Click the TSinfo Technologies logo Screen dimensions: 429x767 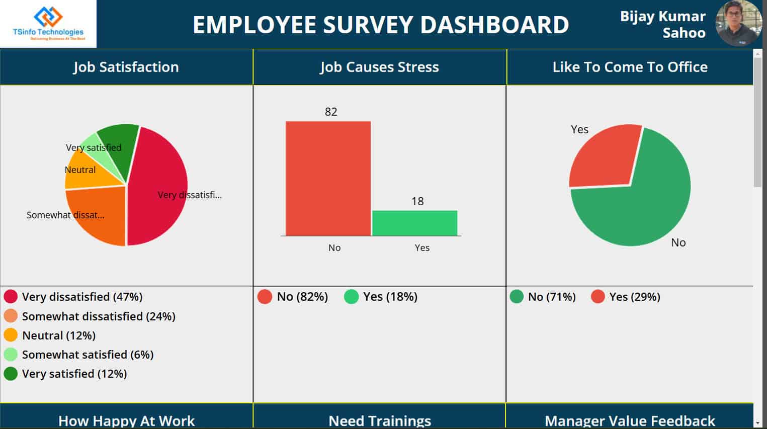tap(48, 24)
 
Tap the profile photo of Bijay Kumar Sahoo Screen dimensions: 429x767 tap(738, 24)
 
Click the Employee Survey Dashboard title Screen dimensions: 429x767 tap(381, 25)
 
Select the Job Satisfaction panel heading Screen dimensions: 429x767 tap(126, 67)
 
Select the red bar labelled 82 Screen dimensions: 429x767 tap(328, 179)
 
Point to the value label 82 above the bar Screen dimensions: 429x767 tap(331, 112)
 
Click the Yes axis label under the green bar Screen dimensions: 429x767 tap(422, 247)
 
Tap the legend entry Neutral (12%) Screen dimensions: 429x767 tap(58, 335)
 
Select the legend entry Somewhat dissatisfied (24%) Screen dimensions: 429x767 tap(98, 316)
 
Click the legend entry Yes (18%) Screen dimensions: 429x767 tap(390, 297)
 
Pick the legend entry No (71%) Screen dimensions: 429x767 tap(551, 297)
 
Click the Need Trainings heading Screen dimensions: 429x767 tap(380, 420)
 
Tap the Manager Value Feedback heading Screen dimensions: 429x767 tap(630, 420)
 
